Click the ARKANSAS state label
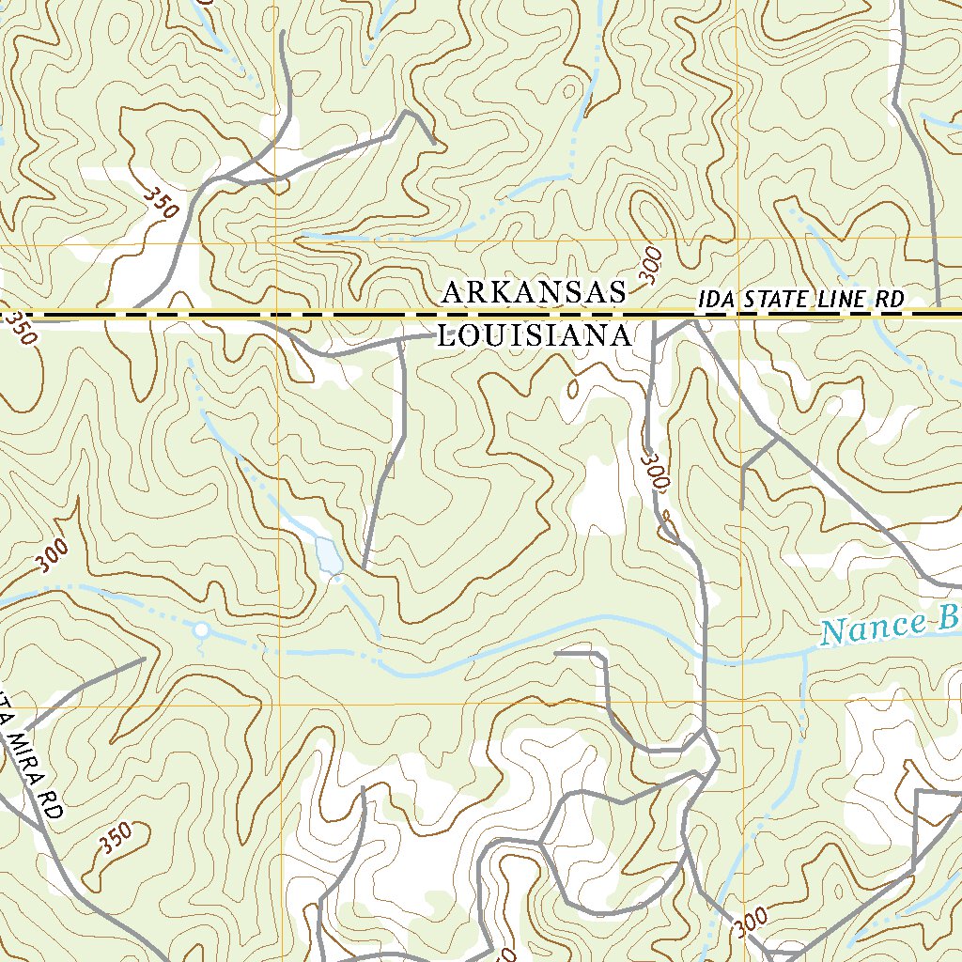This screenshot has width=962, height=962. coord(533,293)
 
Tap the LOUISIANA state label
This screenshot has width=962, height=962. coord(533,336)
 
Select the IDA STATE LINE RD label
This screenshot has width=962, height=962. coord(800,300)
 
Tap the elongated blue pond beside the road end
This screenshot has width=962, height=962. coord(329,554)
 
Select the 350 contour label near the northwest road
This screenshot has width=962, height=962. coord(161,200)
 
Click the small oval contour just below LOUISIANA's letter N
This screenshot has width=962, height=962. coord(573,387)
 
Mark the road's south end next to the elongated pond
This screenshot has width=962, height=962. coord(365,566)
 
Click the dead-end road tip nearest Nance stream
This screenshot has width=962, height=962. coord(556,652)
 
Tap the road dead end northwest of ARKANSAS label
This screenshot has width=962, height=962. coord(434,144)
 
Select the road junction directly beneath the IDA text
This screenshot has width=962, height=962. coord(693,323)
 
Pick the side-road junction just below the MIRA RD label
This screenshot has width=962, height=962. coord(43,826)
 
